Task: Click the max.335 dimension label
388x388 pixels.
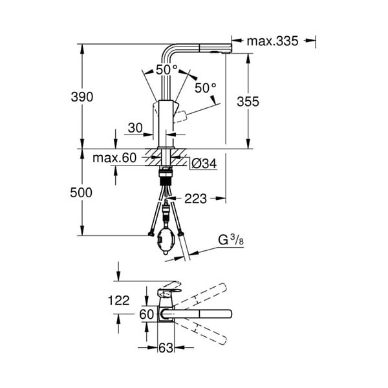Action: (x=272, y=41)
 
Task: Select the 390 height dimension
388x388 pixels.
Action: (x=82, y=97)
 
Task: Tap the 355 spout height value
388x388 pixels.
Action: (x=248, y=102)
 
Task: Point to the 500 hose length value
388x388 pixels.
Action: (x=81, y=193)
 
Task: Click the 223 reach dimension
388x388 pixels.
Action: (x=195, y=199)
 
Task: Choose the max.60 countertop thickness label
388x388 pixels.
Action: (x=114, y=158)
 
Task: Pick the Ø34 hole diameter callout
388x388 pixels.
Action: (x=204, y=164)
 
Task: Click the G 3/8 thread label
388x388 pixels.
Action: (x=231, y=240)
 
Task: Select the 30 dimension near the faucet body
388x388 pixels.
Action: (x=135, y=128)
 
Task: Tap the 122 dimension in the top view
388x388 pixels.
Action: (x=119, y=301)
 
